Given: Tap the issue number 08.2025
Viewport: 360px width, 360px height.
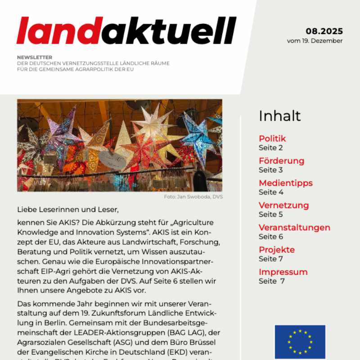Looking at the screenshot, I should tap(324, 31).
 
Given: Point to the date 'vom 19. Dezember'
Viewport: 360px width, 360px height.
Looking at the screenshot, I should tap(315, 41).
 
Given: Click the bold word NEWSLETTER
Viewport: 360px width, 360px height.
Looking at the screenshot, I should tap(35, 57).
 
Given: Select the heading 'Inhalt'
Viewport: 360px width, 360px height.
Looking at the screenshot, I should tap(279, 116).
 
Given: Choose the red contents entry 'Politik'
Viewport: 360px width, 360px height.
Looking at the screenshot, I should tap(272, 139).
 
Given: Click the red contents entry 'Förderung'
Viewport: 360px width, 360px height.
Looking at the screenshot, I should tap(281, 161).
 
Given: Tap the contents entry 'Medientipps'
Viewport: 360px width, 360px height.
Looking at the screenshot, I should tap(285, 183).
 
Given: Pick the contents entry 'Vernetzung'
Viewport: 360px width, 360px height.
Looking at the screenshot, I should tap(283, 205).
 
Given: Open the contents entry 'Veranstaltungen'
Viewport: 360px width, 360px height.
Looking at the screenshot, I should tap(294, 228).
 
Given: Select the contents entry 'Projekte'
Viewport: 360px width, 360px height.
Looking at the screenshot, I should tap(276, 250).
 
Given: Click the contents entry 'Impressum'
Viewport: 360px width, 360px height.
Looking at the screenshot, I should tap(283, 272).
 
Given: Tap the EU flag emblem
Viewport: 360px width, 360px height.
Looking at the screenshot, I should tap(300, 341).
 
